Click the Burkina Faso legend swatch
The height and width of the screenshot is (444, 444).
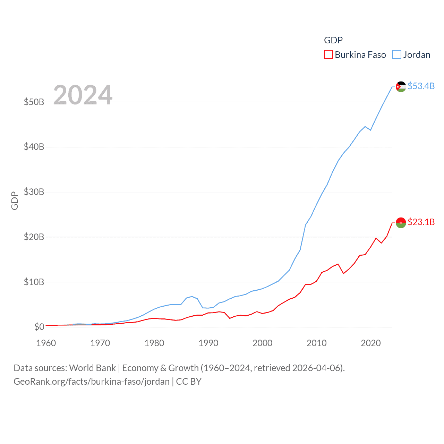328,55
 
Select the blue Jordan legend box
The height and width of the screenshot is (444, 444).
397,55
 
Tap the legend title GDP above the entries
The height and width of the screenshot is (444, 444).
333,40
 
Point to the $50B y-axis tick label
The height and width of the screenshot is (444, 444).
34,102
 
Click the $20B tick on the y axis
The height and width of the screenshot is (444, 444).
34,237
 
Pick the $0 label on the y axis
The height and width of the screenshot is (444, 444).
39,327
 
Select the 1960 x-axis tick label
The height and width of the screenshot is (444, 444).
46,343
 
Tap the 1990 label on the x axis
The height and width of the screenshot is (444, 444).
208,343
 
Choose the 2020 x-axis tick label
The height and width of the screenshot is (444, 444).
371,343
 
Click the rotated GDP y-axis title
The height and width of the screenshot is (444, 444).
15,200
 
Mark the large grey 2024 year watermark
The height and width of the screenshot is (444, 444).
83,95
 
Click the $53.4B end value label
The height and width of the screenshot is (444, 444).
421,86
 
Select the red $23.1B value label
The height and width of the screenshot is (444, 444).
421,222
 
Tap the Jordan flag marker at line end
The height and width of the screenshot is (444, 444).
401,86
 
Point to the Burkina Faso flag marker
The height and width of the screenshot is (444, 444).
401,223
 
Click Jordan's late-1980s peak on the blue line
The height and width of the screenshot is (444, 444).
192,297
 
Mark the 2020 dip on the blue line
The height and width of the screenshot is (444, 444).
370,130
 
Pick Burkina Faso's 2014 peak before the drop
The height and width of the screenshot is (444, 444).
338,264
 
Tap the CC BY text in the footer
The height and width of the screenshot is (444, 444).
189,382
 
